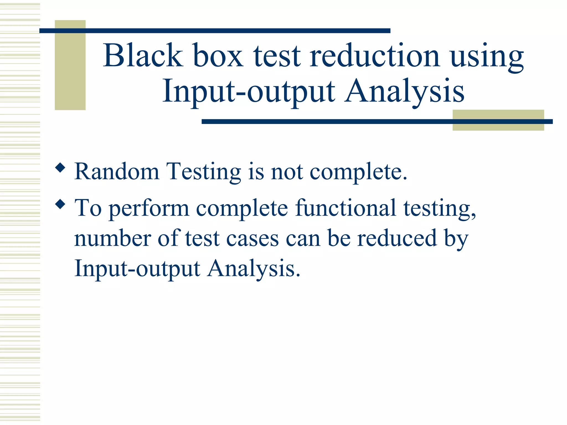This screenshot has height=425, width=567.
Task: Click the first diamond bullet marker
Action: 60,168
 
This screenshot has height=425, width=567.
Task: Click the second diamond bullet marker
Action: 60,204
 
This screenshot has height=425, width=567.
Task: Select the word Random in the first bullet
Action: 117,172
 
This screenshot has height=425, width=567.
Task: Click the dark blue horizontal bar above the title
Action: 215,30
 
